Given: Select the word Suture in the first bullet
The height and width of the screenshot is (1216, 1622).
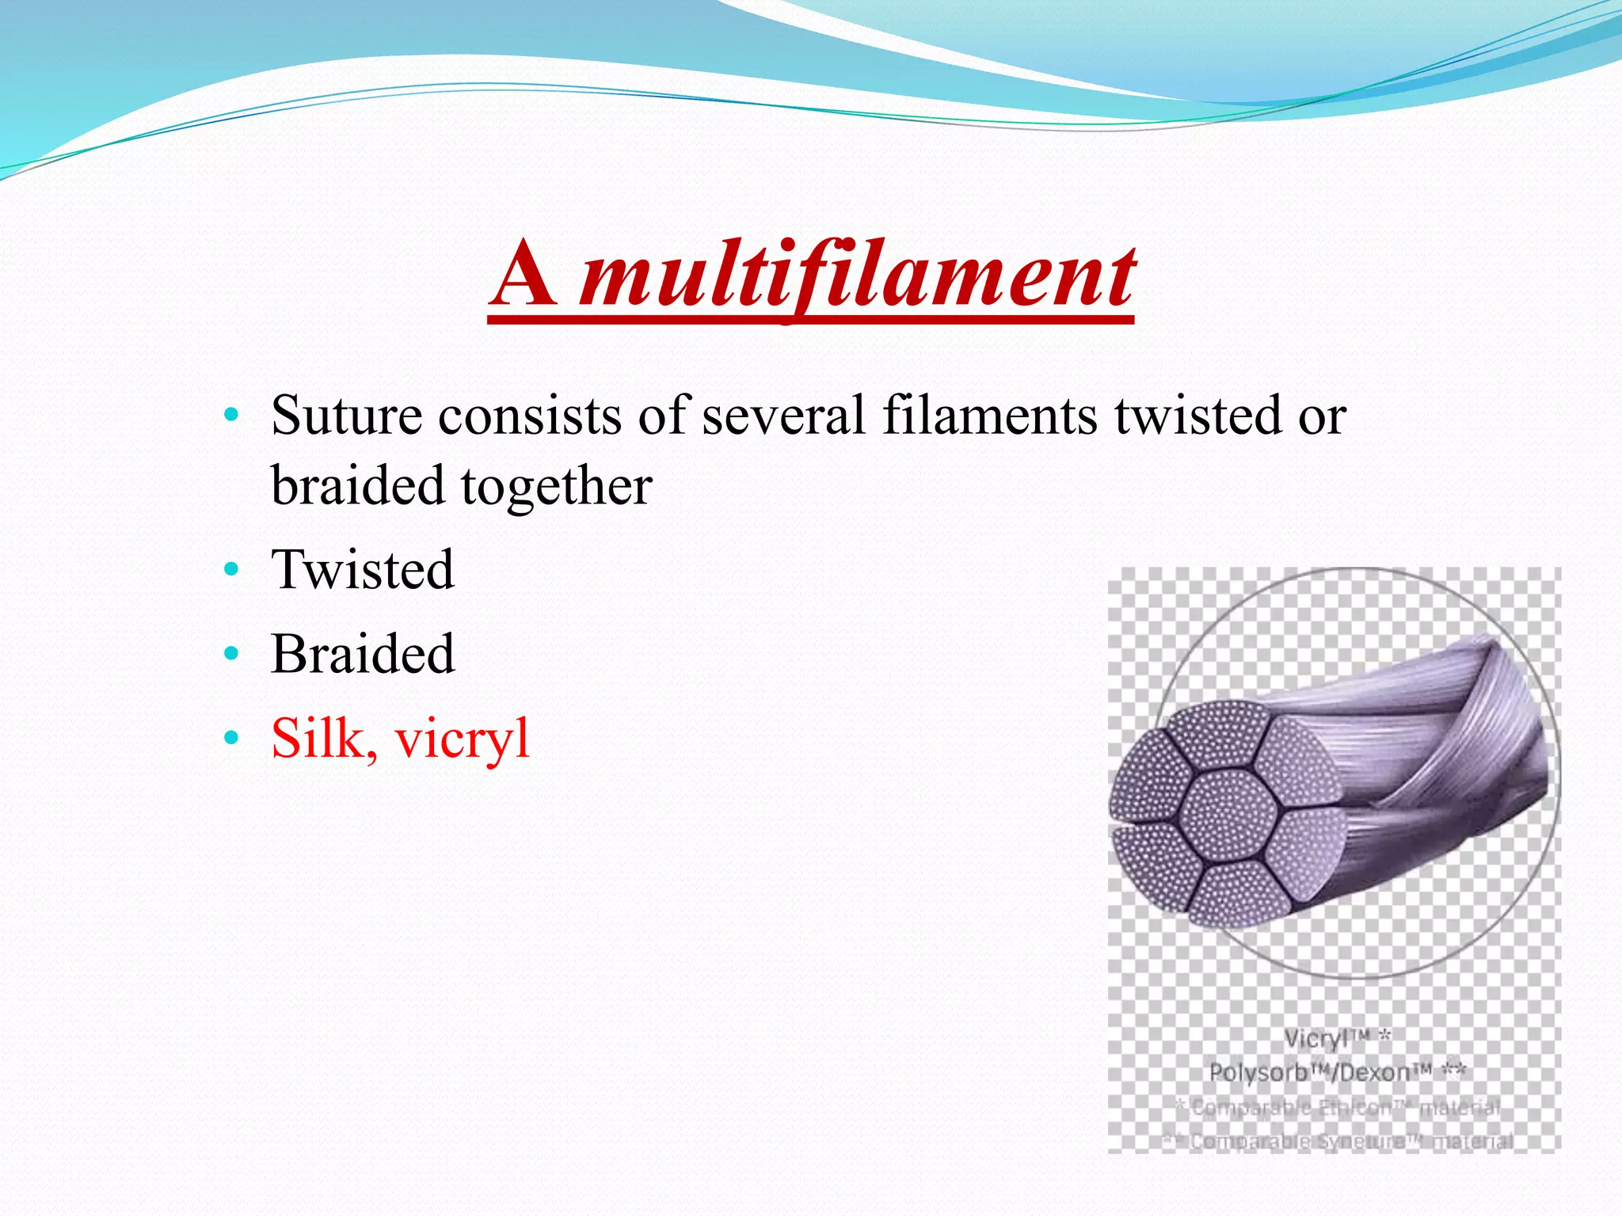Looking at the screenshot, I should [x=346, y=416].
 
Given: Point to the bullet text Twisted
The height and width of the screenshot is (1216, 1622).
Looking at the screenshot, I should [x=363, y=570].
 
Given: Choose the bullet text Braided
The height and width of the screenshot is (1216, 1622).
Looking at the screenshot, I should [x=363, y=655].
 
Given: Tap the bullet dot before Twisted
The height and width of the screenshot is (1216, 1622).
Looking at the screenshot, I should [x=230, y=570].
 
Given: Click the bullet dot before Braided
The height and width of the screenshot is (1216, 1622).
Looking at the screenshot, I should [x=230, y=655].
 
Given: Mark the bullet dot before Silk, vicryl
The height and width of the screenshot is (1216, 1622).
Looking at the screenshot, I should [x=230, y=739].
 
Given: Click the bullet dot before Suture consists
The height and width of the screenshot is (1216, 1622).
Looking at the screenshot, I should [x=230, y=416].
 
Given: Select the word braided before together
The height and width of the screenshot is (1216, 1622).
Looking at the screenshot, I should [x=356, y=487].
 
